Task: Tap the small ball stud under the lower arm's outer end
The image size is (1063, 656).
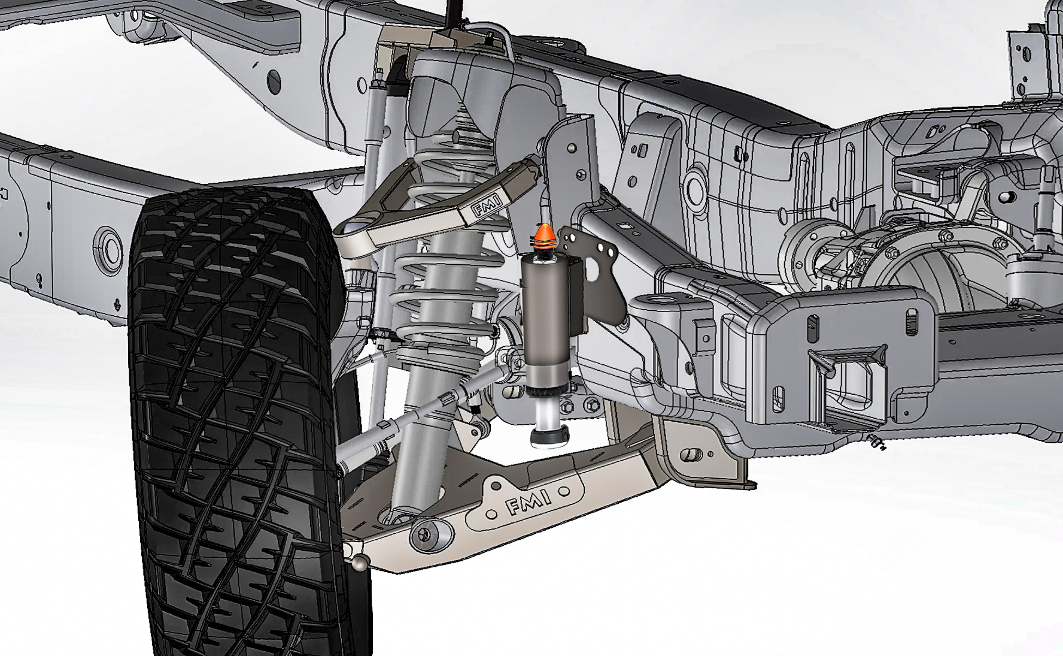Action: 361,564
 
